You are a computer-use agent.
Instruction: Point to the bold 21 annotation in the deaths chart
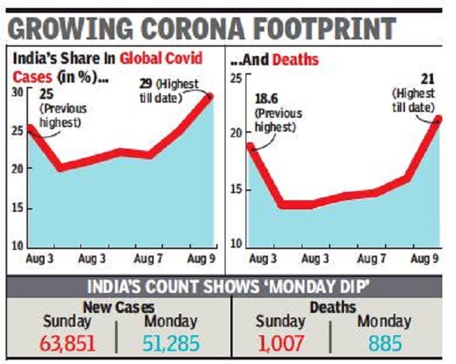click(424, 80)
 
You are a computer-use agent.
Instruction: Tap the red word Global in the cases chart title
click(141, 57)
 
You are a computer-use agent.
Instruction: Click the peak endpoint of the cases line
click(211, 95)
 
